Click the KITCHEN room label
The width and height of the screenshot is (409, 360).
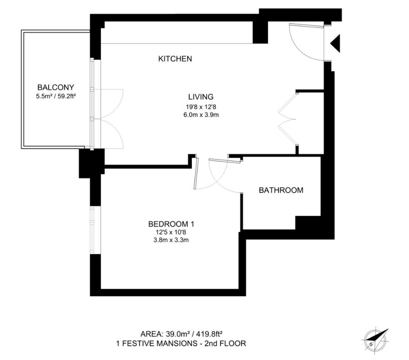175,59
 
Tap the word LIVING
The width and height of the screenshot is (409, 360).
201,97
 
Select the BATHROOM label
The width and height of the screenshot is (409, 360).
281,190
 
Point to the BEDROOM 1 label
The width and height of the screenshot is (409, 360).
171,224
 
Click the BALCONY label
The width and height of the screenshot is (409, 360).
56,87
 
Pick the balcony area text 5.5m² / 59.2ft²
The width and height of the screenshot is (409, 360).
56,96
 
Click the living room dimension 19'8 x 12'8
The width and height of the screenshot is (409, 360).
201,107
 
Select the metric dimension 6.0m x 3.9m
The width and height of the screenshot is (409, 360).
201,115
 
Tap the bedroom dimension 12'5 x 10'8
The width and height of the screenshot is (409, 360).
171,232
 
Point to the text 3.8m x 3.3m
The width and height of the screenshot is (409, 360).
171,240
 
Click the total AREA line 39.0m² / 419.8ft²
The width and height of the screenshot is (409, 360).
181,334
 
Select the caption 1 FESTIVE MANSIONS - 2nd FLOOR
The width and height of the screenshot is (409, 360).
181,343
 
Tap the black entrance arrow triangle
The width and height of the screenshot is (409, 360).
336,43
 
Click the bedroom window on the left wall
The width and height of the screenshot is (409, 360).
92,230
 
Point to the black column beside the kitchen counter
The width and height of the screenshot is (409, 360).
260,32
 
